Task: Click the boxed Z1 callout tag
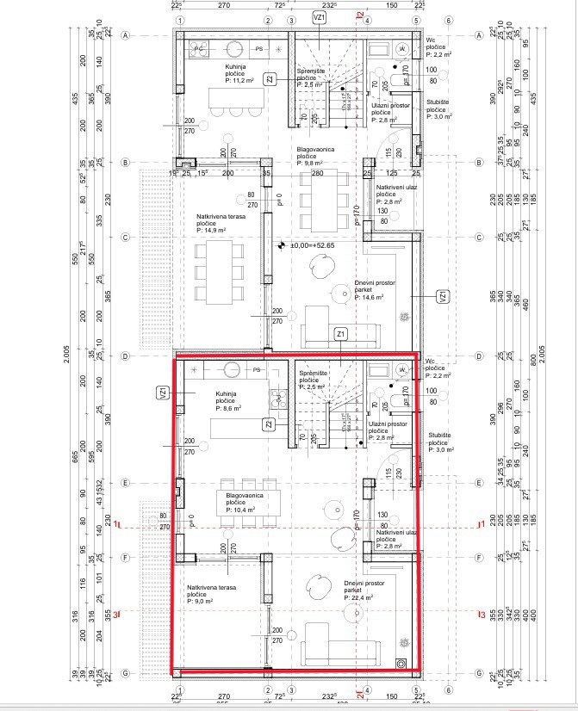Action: click(341, 333)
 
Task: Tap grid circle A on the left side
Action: click(127, 36)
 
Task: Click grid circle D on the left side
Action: click(127, 355)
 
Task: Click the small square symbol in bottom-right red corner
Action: click(401, 663)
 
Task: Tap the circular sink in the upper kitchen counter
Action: click(233, 48)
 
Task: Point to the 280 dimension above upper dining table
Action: click(316, 173)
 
